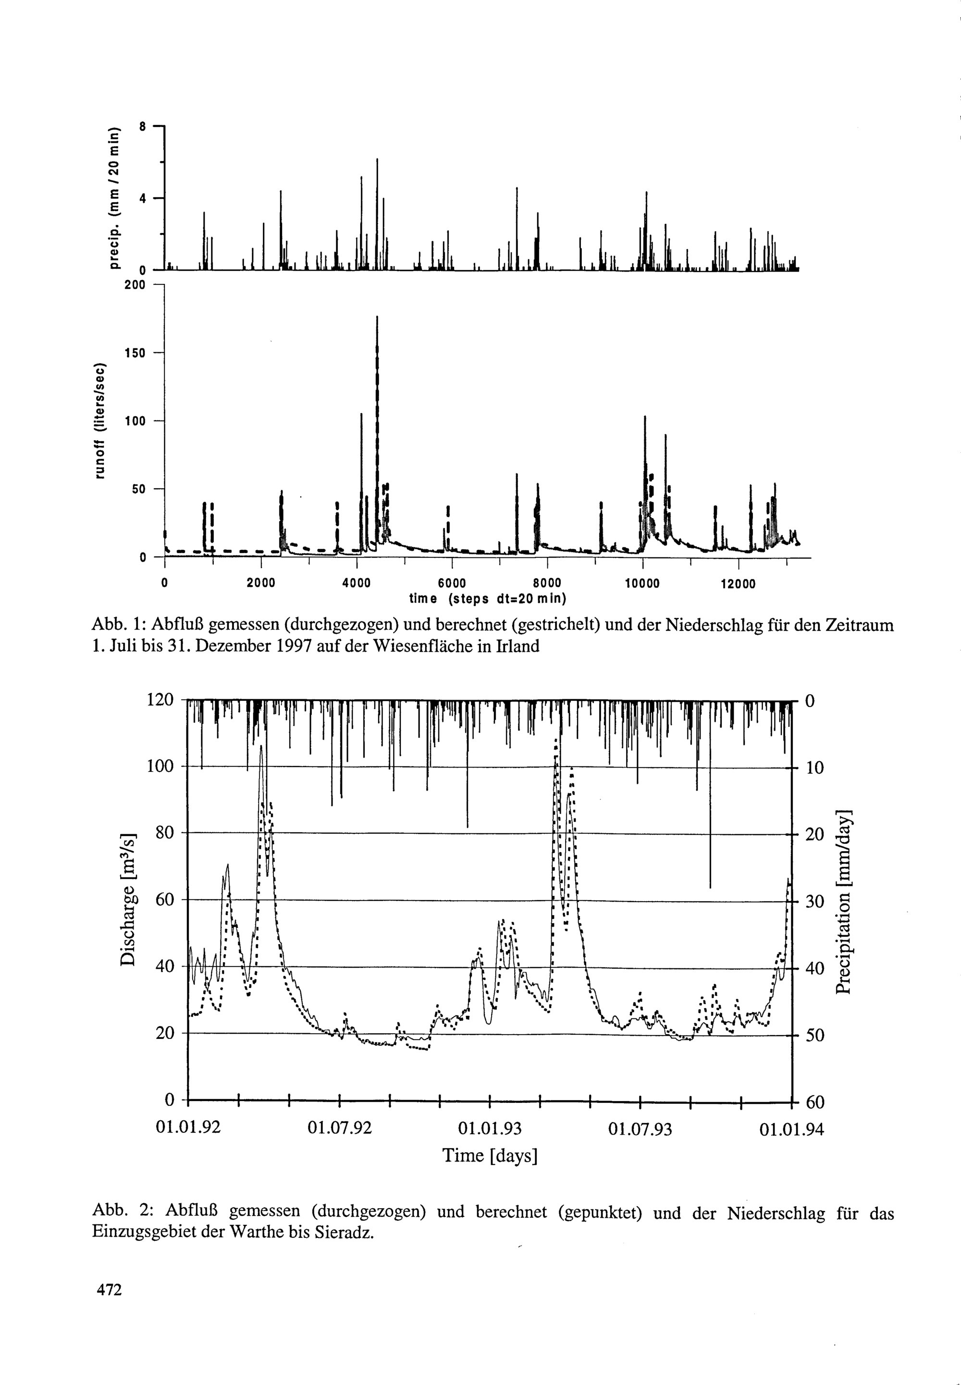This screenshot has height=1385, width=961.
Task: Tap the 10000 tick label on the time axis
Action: coord(642,583)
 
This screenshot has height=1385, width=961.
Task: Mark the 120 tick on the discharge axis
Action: coord(160,700)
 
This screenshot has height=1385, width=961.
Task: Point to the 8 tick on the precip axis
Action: coord(142,126)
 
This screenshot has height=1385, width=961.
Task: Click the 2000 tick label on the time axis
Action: coord(261,583)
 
